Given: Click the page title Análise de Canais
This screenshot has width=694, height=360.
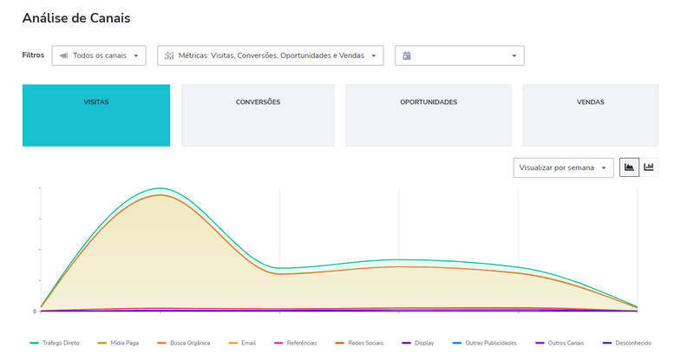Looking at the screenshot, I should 76,17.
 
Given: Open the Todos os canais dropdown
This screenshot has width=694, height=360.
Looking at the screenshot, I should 99,56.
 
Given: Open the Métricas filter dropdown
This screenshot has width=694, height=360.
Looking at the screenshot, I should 270,56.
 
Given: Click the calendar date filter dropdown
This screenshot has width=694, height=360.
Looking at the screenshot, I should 460,56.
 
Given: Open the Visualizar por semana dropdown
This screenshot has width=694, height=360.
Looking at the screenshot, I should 563,167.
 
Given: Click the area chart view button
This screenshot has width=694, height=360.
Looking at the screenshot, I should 629,167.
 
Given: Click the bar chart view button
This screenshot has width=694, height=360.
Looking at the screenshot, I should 649,167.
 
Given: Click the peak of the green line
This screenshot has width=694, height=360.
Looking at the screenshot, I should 160,187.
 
